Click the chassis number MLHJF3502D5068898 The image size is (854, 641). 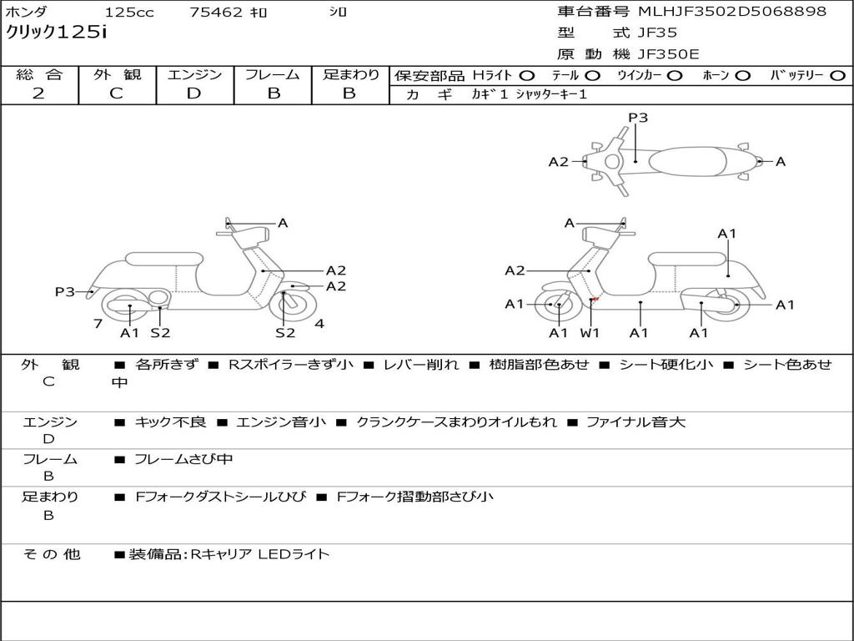[x=732, y=12]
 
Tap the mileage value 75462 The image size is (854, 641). [x=216, y=13]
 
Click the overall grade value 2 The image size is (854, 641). [x=38, y=93]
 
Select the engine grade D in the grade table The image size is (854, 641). [x=193, y=93]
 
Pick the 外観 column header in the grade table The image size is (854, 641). [x=117, y=75]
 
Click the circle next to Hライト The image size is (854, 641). [x=527, y=76]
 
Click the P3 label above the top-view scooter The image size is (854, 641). [x=638, y=118]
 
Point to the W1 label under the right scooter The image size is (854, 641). [x=590, y=333]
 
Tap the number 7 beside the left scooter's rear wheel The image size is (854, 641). [x=98, y=324]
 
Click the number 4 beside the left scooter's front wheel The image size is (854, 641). [x=319, y=324]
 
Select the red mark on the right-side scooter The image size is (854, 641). [x=595, y=299]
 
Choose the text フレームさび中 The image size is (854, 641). [x=183, y=459]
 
